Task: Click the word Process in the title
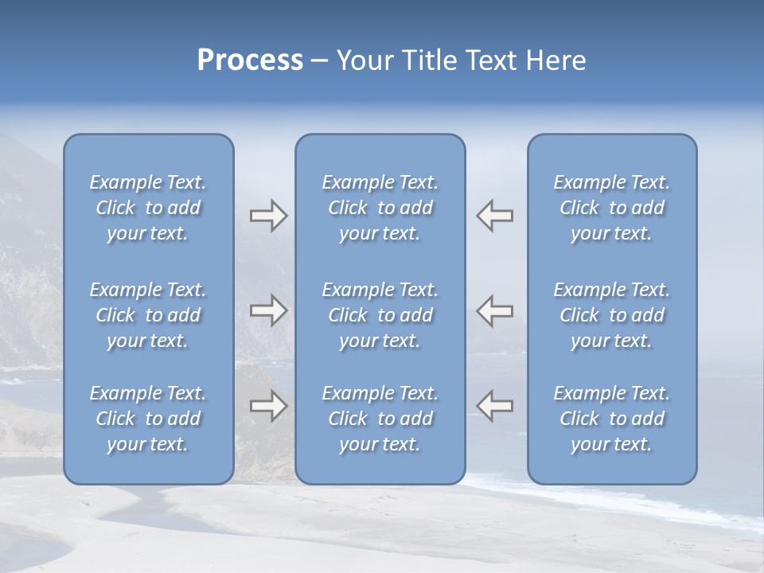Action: point(250,60)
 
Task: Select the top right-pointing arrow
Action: point(268,216)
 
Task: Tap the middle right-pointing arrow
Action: point(268,310)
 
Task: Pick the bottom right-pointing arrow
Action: point(268,406)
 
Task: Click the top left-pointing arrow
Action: point(495,216)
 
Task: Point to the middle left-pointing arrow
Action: point(495,310)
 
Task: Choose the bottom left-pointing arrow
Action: point(495,406)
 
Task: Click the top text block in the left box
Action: point(148,208)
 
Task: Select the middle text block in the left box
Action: point(148,315)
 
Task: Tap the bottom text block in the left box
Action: point(148,419)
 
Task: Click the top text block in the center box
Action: point(380,208)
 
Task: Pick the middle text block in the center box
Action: point(380,315)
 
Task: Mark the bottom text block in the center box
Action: point(380,419)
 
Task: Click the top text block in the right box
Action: point(612,208)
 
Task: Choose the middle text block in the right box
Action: point(612,315)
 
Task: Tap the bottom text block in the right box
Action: point(612,419)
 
